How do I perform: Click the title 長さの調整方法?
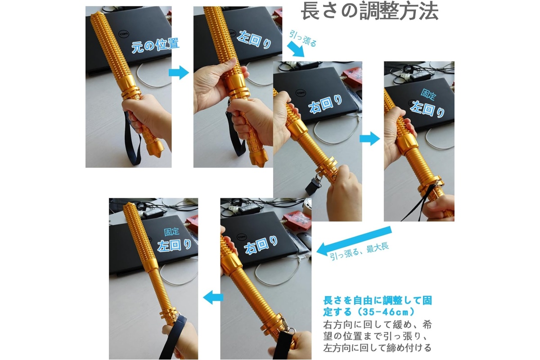pos(369,12)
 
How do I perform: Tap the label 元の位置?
pos(155,45)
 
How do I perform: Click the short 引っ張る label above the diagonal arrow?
pos(303,38)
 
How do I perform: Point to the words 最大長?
pos(378,248)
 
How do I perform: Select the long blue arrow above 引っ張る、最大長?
pos(354,241)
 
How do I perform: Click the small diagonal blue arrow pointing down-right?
pos(296,49)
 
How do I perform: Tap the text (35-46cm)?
pos(386,312)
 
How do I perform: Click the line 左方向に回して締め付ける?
pos(377,347)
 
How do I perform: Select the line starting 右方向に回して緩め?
pos(378,324)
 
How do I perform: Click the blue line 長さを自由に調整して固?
pos(378,301)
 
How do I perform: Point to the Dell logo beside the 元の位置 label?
pos(124,34)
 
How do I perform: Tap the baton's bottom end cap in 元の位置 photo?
pos(154,148)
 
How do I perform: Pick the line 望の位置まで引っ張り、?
pos(376,336)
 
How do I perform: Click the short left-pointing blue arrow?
pos(213,297)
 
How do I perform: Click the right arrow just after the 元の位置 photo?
pos(179,72)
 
